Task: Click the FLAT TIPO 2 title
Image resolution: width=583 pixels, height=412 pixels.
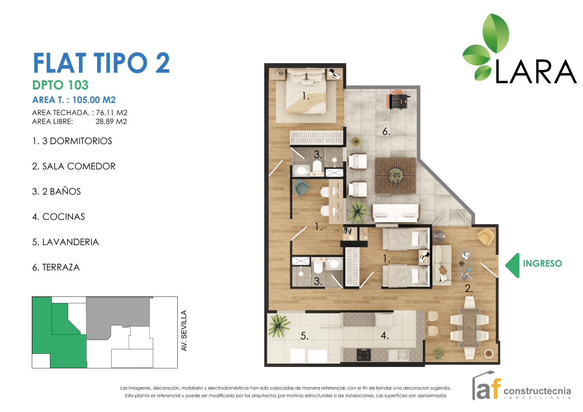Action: coord(101,63)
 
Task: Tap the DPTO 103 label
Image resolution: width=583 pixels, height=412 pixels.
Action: coord(60,85)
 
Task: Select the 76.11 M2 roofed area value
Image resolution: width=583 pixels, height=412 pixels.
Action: coord(112,113)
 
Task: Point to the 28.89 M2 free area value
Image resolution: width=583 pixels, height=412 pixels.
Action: coord(111,121)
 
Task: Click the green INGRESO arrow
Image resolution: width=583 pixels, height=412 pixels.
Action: coord(513,265)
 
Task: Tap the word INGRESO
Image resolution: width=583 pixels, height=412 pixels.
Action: coord(542,263)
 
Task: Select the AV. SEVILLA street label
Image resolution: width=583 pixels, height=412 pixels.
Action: coord(184,331)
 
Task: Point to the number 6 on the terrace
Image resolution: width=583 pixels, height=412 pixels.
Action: coord(386,132)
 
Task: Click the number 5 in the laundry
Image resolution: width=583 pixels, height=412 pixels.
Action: coord(304,336)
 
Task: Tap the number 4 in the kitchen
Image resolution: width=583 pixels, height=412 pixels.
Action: coord(384,336)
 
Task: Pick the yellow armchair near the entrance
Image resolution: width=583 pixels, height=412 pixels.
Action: coord(486,237)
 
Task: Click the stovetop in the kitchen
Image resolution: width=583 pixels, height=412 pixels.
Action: coord(364,355)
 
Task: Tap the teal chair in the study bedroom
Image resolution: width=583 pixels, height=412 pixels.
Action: coord(301,188)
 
